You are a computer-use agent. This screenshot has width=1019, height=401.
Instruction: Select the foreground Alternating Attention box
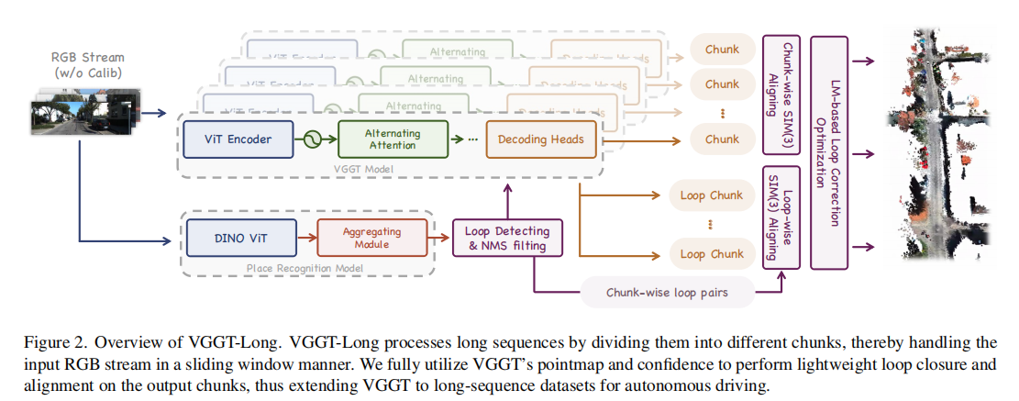[x=393, y=139]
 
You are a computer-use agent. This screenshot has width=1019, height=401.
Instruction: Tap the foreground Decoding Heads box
[x=541, y=139]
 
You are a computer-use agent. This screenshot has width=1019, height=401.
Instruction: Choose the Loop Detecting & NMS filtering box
[x=507, y=238]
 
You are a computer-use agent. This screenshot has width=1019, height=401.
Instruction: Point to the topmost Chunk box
[x=722, y=49]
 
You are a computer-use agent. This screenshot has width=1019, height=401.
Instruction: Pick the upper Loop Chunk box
[x=712, y=196]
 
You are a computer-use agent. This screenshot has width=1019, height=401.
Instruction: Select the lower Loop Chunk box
[x=712, y=253]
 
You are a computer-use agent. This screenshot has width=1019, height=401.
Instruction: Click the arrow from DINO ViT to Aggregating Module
[x=307, y=237]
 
